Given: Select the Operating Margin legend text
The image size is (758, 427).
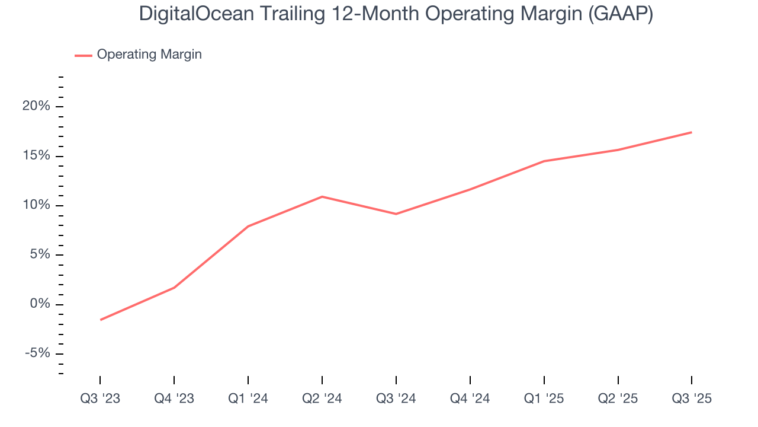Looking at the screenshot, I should pyautogui.click(x=149, y=55).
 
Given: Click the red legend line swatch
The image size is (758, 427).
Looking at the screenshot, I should pyautogui.click(x=83, y=55).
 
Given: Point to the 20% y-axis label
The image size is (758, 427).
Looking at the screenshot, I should pyautogui.click(x=37, y=107).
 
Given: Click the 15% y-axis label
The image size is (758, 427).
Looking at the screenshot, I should pyautogui.click(x=37, y=157).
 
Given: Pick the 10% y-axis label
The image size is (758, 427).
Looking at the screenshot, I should pyautogui.click(x=37, y=206).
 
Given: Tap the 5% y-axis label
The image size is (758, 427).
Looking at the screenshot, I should pyautogui.click(x=40, y=255).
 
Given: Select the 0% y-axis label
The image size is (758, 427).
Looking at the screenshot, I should pyautogui.click(x=40, y=305).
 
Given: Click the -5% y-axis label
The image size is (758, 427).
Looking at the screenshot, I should pyautogui.click(x=38, y=354).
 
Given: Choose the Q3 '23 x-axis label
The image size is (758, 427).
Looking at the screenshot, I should pyautogui.click(x=100, y=399).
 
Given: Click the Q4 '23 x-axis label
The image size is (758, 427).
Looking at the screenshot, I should pyautogui.click(x=174, y=399).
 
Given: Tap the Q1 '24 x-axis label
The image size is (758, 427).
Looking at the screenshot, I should pyautogui.click(x=248, y=399).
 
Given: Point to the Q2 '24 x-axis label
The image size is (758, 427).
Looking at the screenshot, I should pyautogui.click(x=322, y=399).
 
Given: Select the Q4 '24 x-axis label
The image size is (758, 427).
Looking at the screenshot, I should pyautogui.click(x=470, y=399).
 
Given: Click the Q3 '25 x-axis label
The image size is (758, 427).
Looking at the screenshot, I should pyautogui.click(x=692, y=399).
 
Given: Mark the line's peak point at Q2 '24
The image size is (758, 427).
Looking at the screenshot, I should pyautogui.click(x=322, y=196).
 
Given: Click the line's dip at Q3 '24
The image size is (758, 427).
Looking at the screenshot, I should pyautogui.click(x=396, y=214).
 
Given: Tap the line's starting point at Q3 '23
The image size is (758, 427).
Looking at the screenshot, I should pyautogui.click(x=101, y=320).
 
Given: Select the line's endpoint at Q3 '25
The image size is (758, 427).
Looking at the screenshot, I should pyautogui.click(x=692, y=132).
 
